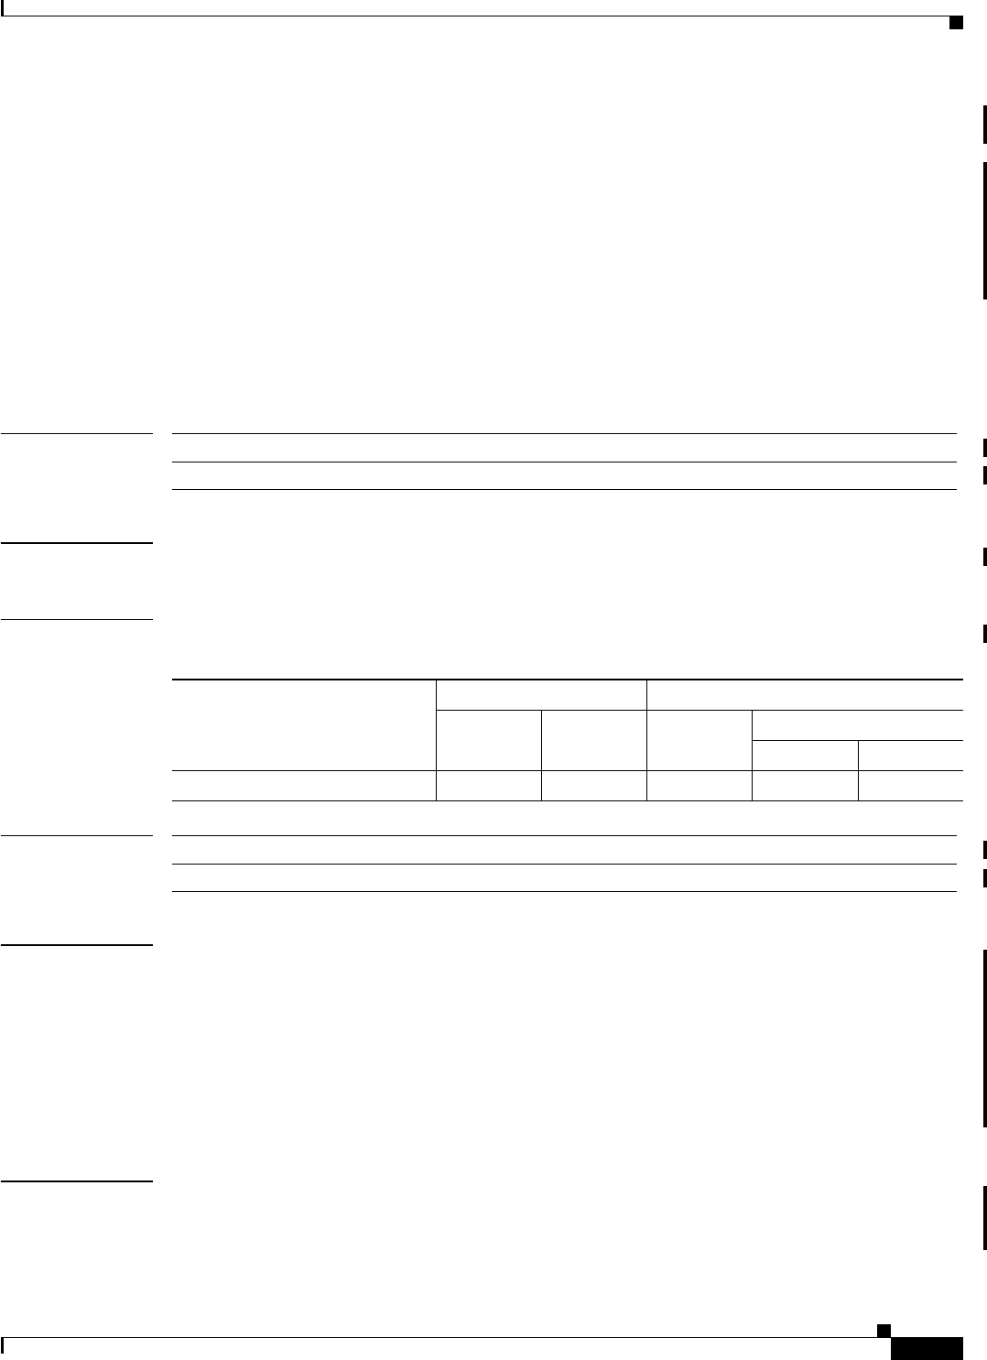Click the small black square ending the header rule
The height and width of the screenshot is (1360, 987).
pos(956,22)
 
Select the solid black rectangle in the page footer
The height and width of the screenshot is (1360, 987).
pos(927,1348)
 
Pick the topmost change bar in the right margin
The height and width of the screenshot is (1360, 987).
pos(985,125)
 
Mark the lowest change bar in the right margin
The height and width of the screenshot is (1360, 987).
pos(985,1218)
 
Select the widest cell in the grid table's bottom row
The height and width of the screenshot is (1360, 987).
pos(304,786)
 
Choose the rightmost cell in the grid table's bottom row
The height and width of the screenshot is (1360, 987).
pos(910,786)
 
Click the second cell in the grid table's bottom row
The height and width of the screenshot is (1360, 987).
pos(489,786)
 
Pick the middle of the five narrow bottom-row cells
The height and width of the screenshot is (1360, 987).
pos(699,786)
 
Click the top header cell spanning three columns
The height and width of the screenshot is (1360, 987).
pos(804,694)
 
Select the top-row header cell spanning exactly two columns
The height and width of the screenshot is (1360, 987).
pos(541,694)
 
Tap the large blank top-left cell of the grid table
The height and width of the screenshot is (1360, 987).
pos(304,724)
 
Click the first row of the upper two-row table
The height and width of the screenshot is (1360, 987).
pos(564,448)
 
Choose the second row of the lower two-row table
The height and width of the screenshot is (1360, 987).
pos(564,877)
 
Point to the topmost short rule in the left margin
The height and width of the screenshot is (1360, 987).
pos(77,433)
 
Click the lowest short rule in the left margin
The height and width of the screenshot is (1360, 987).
pos(77,1181)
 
